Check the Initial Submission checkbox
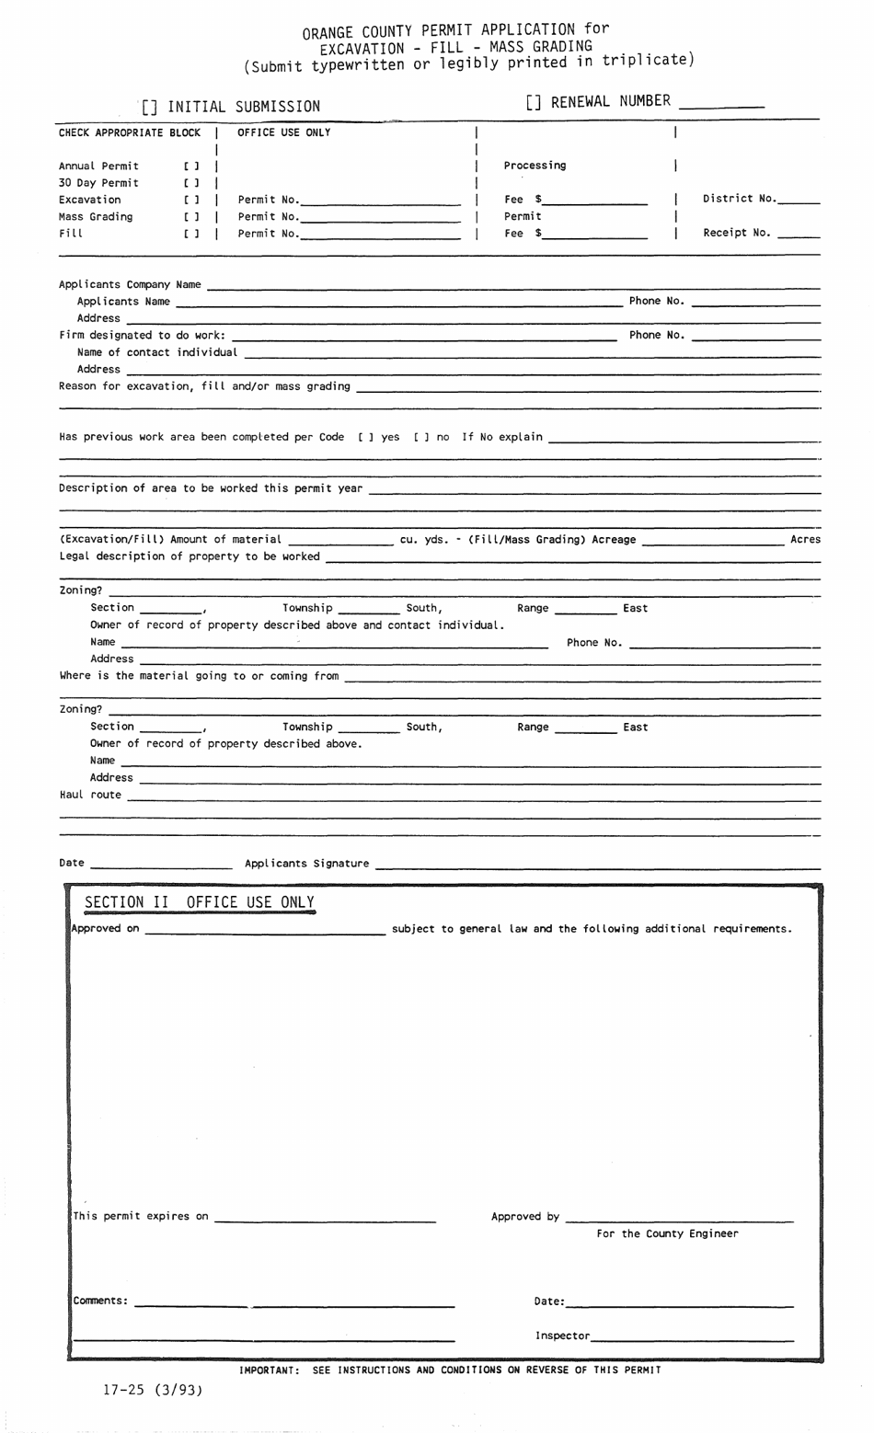[150, 108]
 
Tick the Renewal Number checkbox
[535, 102]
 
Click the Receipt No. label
[737, 233]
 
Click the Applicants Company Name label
[130, 284]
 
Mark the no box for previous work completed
[421, 437]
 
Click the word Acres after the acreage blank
[805, 539]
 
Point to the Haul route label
[90, 795]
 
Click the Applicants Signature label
[306, 863]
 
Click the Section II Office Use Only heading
[200, 902]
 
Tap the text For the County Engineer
[667, 1233]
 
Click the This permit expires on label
[141, 1216]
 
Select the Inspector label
[562, 1336]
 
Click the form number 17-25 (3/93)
[152, 1391]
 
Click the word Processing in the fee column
[535, 166]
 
